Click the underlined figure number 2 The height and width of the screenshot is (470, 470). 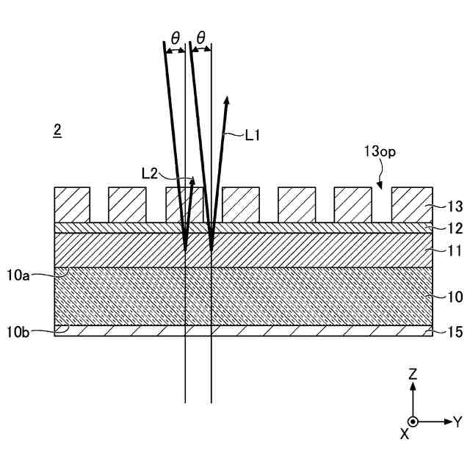57,131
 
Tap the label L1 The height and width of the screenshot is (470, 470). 253,134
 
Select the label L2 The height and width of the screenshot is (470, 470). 150,173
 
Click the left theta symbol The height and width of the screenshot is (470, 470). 174,36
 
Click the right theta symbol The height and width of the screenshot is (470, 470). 200,36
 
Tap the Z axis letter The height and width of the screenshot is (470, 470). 413,375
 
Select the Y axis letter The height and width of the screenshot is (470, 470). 457,422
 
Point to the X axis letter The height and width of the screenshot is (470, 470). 404,434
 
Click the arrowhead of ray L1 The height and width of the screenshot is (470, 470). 227,101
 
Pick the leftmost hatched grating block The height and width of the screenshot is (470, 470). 72,204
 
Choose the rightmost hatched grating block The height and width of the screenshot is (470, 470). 410,204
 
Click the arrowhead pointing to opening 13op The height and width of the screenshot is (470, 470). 380,185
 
